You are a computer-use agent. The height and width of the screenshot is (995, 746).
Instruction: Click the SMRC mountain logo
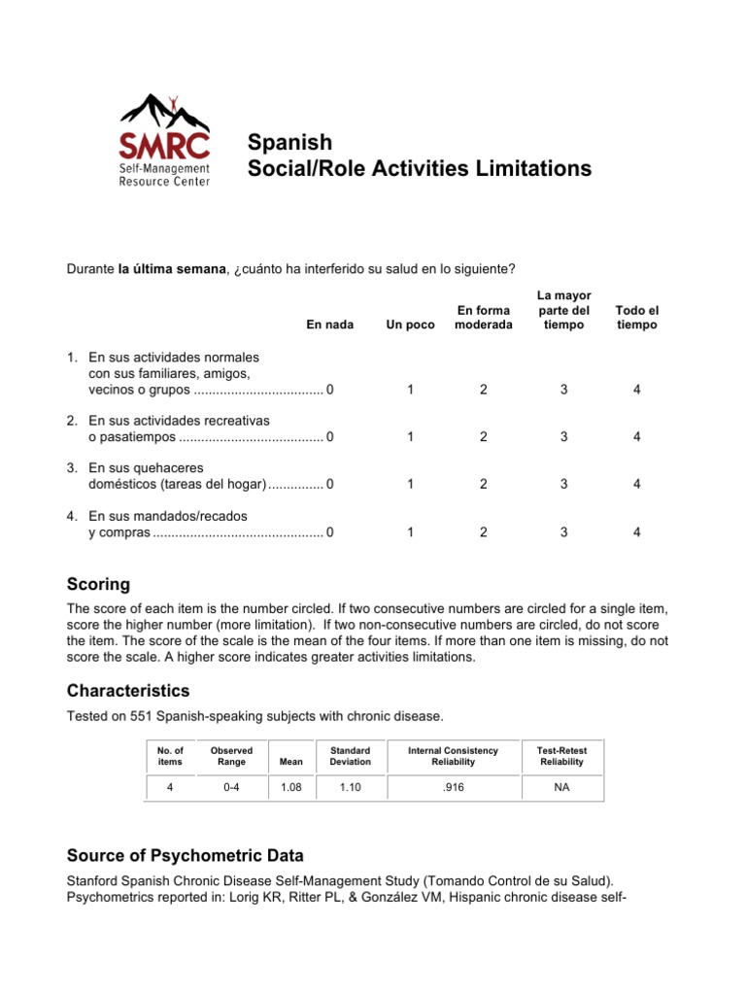[163, 141]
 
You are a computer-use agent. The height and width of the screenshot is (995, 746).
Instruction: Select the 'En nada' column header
[330, 324]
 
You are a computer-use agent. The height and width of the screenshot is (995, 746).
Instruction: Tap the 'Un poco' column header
[410, 324]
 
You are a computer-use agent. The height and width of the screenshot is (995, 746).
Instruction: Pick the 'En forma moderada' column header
[483, 317]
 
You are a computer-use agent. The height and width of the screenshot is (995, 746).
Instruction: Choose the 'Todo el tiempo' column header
[636, 317]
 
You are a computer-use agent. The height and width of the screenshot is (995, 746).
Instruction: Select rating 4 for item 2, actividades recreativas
[636, 437]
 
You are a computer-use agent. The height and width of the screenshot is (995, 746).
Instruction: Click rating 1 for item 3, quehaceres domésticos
[410, 484]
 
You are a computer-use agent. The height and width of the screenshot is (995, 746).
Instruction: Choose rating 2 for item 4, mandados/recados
[483, 532]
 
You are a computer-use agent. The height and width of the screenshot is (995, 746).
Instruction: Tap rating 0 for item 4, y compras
[330, 532]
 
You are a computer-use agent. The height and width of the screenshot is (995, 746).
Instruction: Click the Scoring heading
[98, 584]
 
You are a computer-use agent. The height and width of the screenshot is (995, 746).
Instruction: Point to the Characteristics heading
[128, 691]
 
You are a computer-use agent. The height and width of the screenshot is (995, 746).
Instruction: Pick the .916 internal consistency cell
[452, 787]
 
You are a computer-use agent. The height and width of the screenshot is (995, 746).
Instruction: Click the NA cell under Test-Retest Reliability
[561, 787]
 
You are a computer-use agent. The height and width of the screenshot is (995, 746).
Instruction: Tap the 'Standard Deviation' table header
[350, 756]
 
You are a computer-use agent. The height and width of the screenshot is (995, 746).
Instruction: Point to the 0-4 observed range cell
[231, 787]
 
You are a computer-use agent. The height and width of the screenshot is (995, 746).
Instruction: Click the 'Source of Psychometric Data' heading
[185, 855]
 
